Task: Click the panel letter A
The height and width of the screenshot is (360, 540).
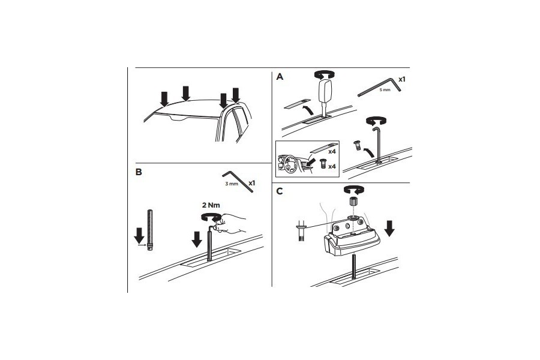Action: click(x=280, y=77)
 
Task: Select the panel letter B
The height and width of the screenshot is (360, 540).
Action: click(x=139, y=172)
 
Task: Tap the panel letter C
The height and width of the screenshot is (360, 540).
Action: click(x=280, y=191)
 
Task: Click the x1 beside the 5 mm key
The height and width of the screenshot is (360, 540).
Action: click(x=401, y=79)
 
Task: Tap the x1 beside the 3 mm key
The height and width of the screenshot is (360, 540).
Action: click(x=252, y=182)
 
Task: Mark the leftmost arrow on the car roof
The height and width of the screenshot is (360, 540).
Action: click(x=164, y=98)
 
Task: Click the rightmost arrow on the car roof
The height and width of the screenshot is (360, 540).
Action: click(x=236, y=95)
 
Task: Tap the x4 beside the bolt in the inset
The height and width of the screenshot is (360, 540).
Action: click(x=331, y=165)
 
